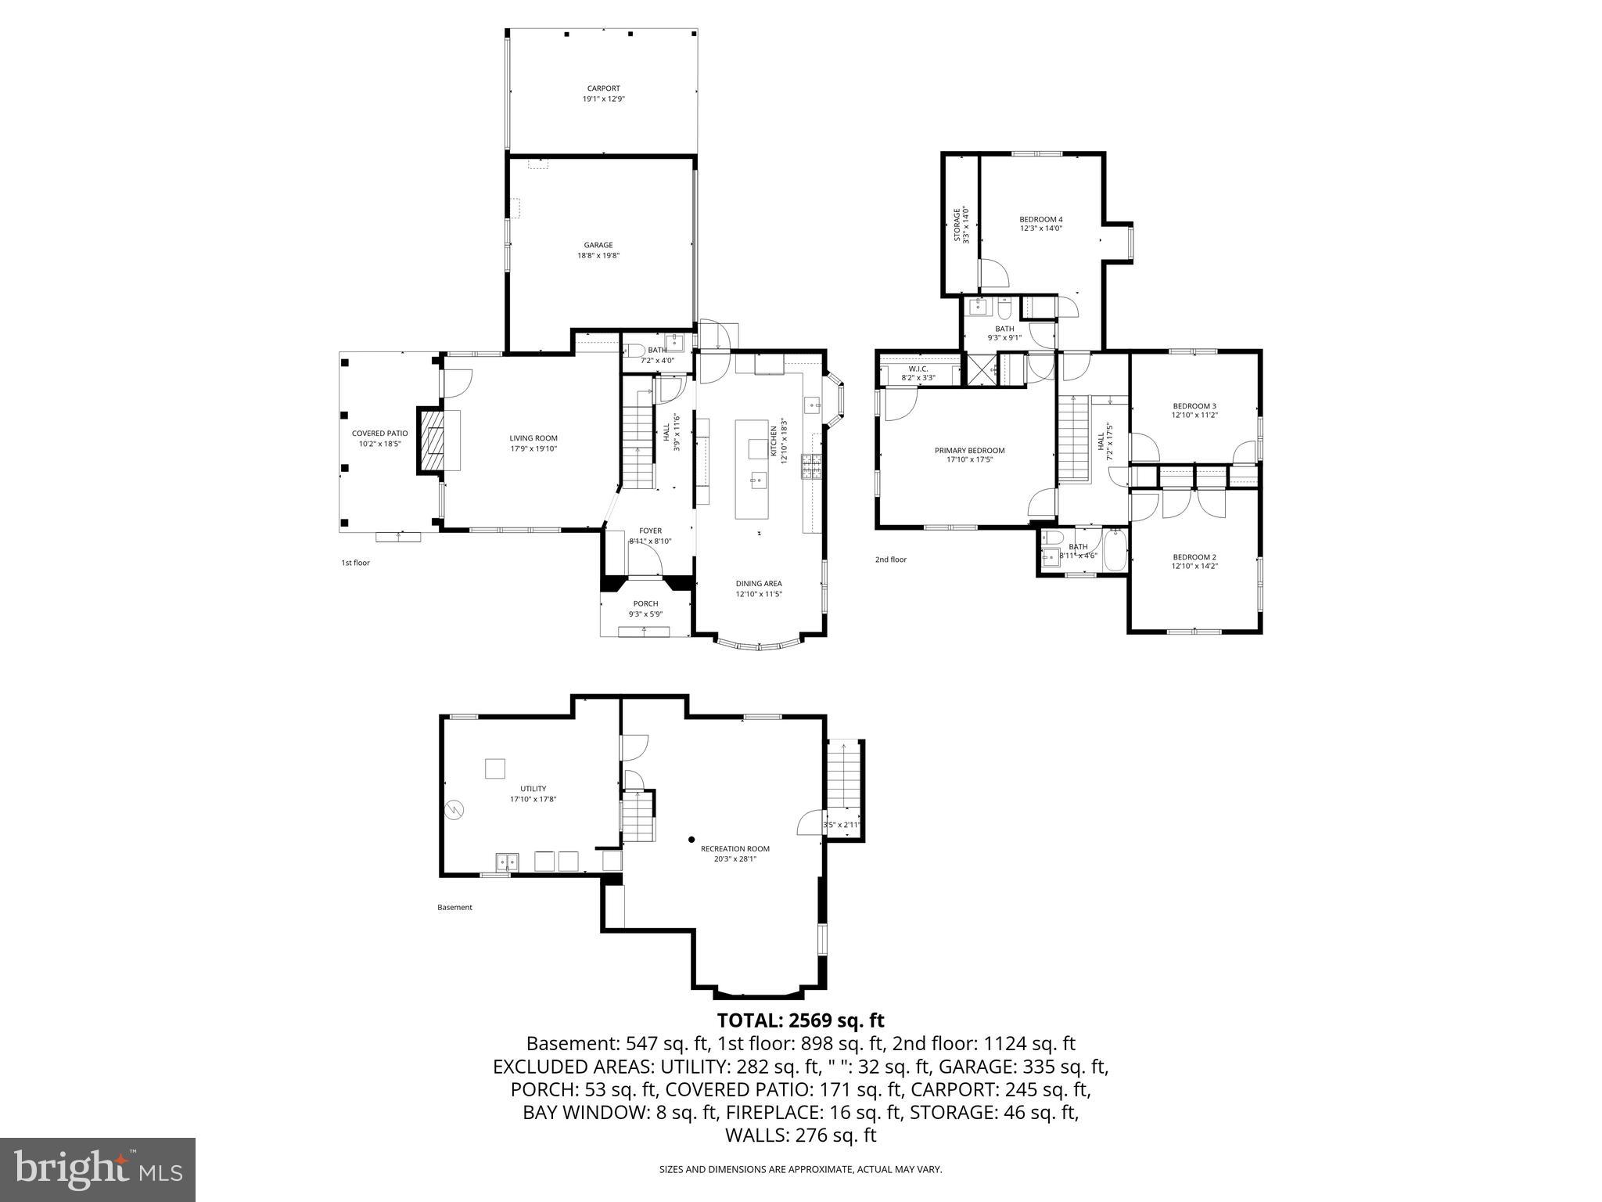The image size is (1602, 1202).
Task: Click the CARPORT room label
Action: click(x=603, y=88)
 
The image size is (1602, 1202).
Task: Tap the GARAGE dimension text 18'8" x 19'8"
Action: click(x=598, y=255)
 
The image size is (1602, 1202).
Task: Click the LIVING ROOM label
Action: click(x=533, y=438)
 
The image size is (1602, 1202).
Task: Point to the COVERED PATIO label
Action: click(x=379, y=434)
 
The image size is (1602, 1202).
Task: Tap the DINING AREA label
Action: click(x=758, y=583)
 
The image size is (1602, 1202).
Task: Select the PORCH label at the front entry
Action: click(x=645, y=603)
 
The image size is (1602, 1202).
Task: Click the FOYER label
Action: click(x=650, y=531)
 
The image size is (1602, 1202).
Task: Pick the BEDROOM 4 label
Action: click(x=1040, y=219)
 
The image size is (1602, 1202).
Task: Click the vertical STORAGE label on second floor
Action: click(x=957, y=224)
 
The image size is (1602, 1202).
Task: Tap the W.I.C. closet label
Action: click(x=918, y=368)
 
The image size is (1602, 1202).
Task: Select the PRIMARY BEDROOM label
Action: click(x=969, y=450)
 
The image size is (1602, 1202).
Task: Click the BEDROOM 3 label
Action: click(x=1194, y=405)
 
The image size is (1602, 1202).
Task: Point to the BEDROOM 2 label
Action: click(x=1194, y=556)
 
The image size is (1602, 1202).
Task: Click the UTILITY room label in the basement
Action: click(x=533, y=789)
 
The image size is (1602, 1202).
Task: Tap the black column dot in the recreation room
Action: click(x=691, y=840)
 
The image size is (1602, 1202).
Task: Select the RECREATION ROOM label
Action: click(x=735, y=848)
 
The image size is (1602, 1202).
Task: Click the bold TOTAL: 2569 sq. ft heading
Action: click(x=800, y=1020)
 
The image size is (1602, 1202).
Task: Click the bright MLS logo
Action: click(x=98, y=1170)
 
